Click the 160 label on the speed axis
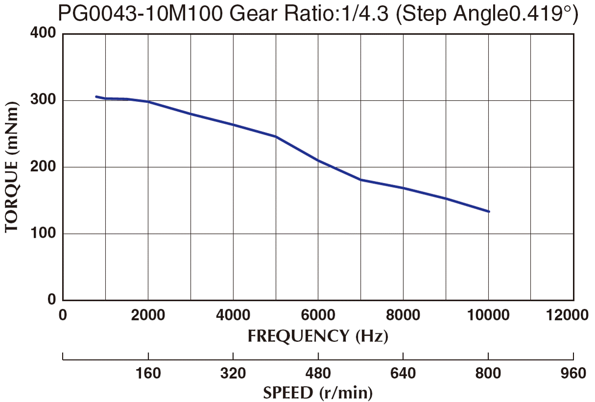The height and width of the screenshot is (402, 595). [148, 374]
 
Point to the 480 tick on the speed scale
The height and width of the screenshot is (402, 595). [318, 374]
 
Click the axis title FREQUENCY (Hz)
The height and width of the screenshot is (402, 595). [318, 336]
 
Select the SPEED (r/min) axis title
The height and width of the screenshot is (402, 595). [318, 393]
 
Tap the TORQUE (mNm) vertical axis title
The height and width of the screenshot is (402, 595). [13, 167]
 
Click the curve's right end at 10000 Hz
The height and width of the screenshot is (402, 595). [489, 212]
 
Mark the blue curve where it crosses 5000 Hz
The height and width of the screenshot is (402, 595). [276, 136]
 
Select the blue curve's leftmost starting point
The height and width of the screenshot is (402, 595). [96, 96]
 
